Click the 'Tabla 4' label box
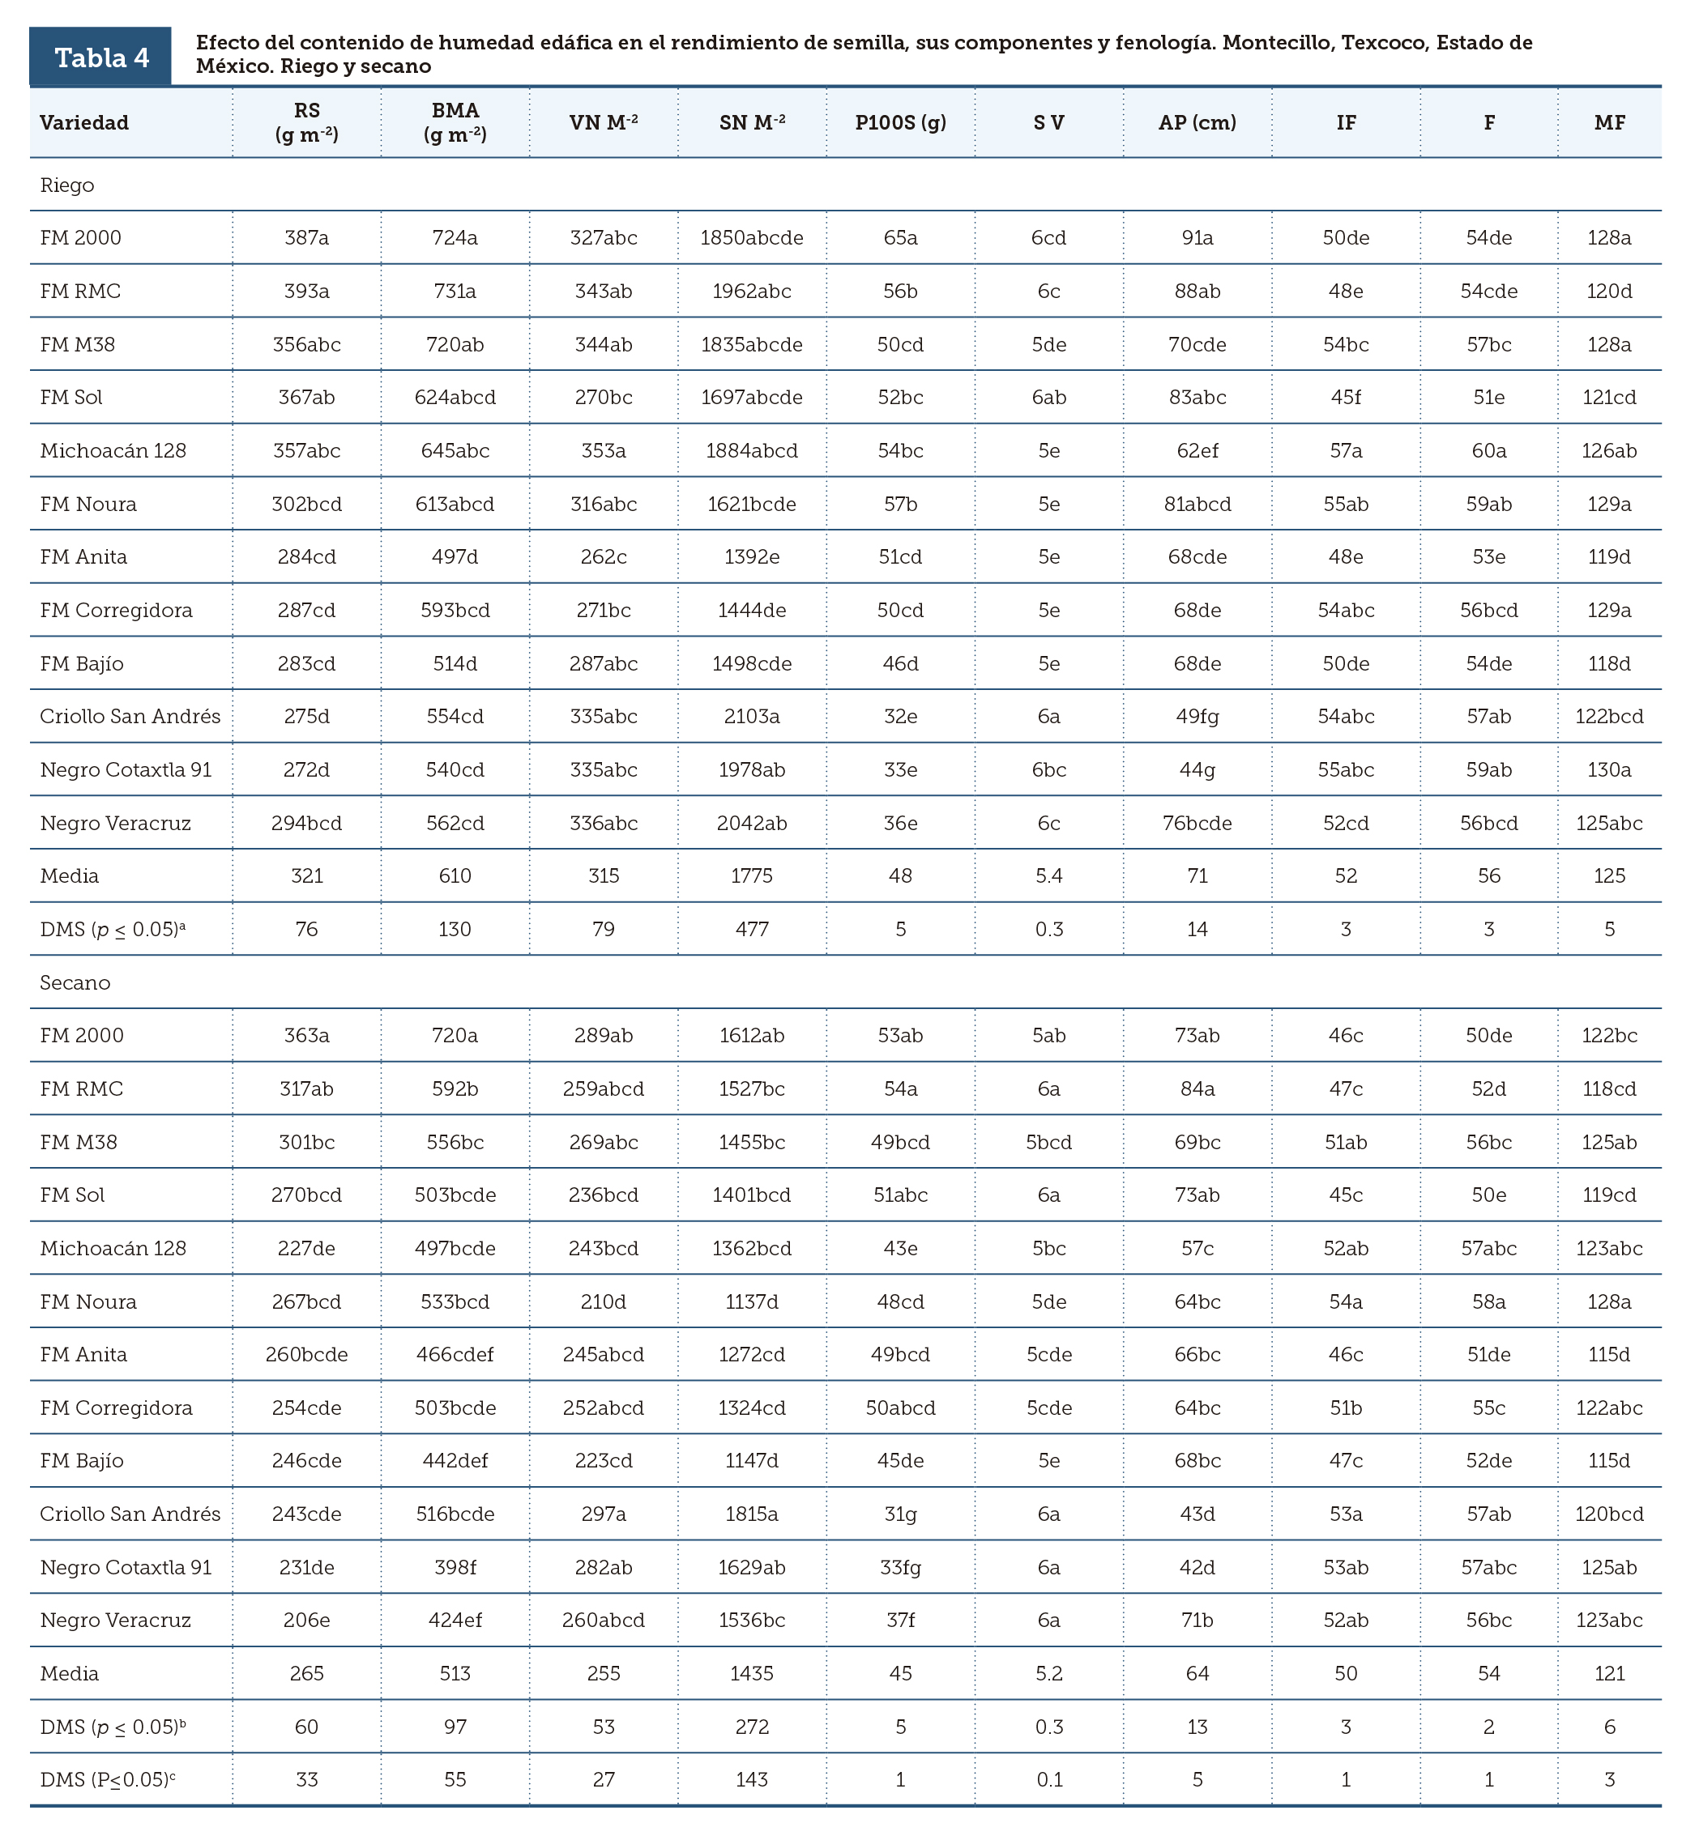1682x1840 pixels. [100, 57]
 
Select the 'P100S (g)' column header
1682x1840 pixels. [900, 122]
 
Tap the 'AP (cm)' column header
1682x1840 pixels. [1197, 122]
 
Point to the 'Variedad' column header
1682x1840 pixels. [84, 122]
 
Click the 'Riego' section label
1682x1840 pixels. [66, 185]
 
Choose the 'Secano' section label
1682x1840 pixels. [75, 983]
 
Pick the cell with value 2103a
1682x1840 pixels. [752, 717]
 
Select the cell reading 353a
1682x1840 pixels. [604, 451]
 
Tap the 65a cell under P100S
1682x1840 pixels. [900, 238]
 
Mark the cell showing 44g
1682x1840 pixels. [1197, 769]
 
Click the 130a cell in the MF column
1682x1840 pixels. [1609, 769]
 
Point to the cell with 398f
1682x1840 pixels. [455, 1567]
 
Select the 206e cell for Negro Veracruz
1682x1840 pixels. [307, 1620]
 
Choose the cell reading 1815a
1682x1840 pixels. [752, 1514]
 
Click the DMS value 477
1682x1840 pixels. [752, 929]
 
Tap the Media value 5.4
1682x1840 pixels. [1049, 876]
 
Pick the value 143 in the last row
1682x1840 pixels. [752, 1778]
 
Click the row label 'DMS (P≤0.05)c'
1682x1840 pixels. [108, 1778]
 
